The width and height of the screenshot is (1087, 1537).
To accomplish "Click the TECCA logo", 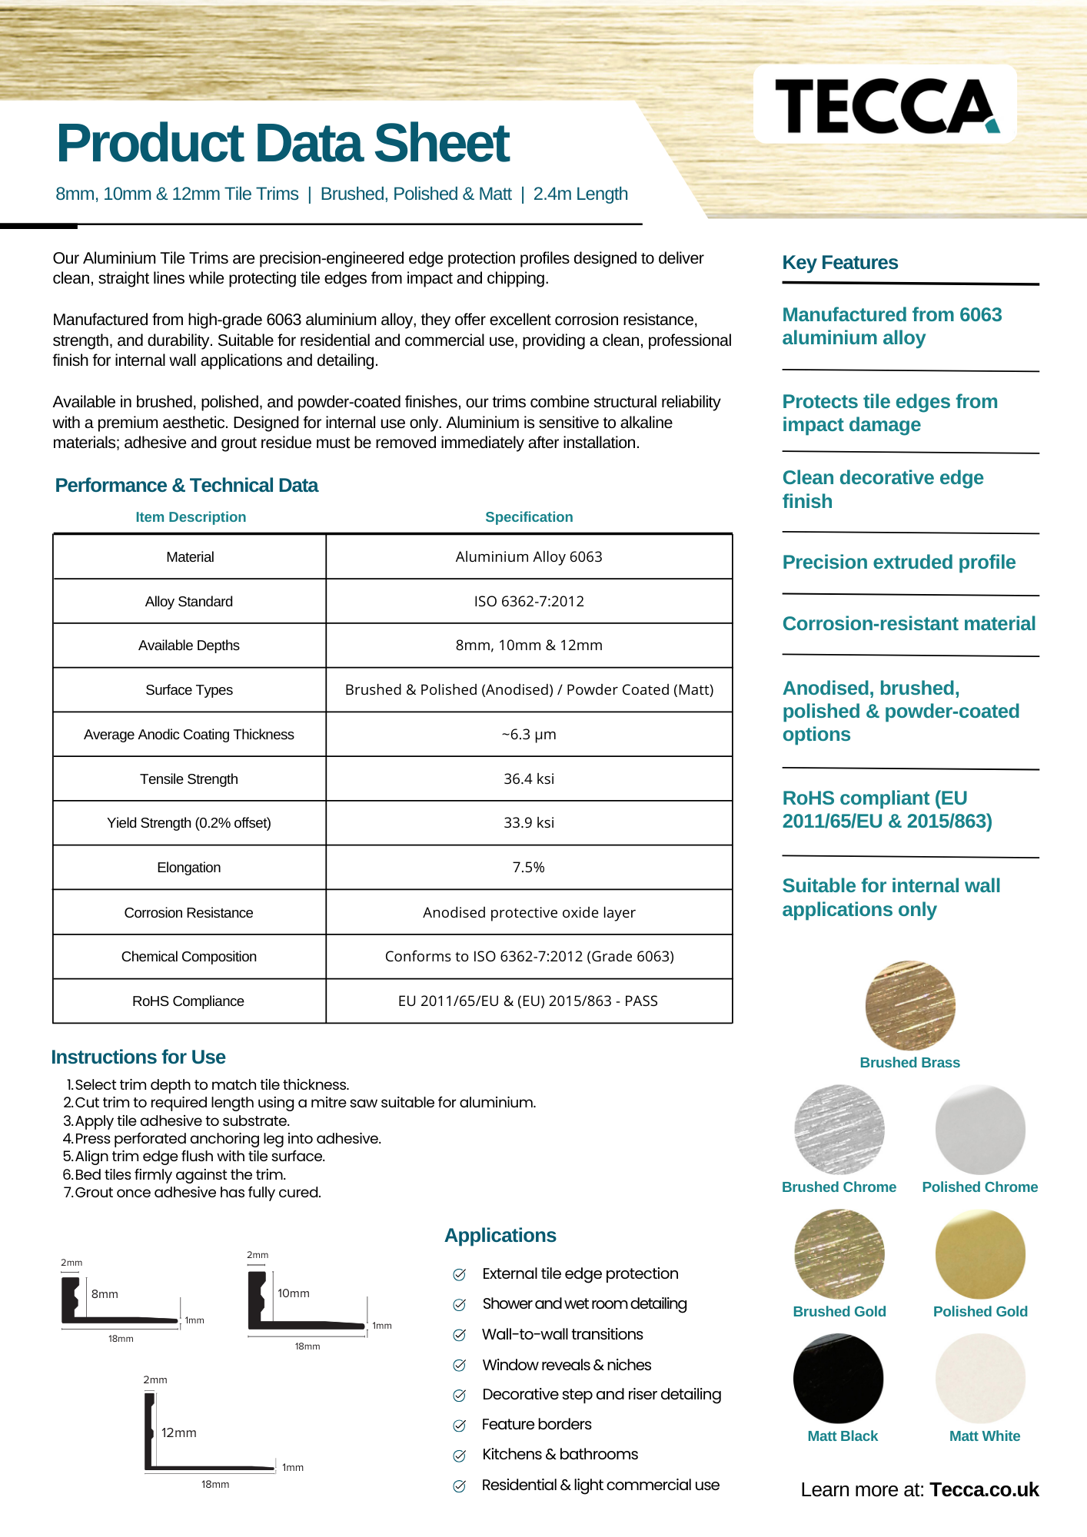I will point(886,105).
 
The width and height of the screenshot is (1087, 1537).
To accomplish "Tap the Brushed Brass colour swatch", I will point(910,1005).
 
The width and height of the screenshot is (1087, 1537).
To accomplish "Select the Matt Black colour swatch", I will point(838,1379).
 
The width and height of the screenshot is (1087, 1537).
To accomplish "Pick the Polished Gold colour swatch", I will point(980,1254).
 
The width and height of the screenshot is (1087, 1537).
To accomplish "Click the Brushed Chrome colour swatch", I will point(839,1130).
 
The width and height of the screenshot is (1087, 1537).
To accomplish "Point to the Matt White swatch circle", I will point(980,1379).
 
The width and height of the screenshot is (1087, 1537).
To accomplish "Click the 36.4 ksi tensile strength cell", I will point(529,778).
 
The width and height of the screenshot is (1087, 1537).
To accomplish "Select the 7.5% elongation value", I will point(529,868).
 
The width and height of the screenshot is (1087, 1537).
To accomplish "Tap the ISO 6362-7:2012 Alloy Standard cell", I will point(529,601).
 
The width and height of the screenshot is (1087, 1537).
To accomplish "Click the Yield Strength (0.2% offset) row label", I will point(189,823).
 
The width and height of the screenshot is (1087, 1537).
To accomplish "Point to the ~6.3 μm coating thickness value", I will point(529,735).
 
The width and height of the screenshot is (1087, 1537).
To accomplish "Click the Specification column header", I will point(529,517).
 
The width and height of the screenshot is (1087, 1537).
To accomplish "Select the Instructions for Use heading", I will point(138,1057).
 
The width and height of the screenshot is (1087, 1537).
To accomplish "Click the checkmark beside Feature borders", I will point(460,1426).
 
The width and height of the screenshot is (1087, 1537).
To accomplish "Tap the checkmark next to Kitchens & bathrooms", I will point(460,1456).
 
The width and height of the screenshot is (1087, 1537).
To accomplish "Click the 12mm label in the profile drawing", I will point(179,1433).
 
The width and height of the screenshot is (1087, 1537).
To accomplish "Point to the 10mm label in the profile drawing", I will point(294,1293).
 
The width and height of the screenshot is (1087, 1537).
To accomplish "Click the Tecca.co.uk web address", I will point(984,1490).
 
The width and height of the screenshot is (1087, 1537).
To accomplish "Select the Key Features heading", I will point(840,263).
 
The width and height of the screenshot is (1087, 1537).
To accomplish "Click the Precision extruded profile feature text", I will point(899,563).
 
